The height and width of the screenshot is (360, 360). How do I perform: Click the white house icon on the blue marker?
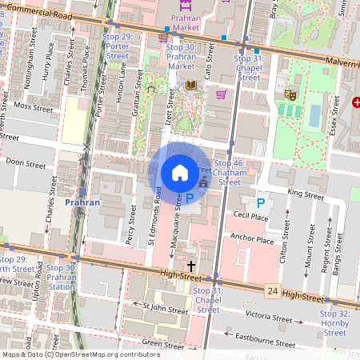(180, 172)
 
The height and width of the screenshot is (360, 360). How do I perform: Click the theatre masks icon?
(290, 94)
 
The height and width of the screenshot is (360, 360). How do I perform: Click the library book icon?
(190, 85)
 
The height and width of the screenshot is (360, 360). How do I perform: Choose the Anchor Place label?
(252, 238)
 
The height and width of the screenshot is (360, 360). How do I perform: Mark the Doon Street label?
(26, 162)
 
